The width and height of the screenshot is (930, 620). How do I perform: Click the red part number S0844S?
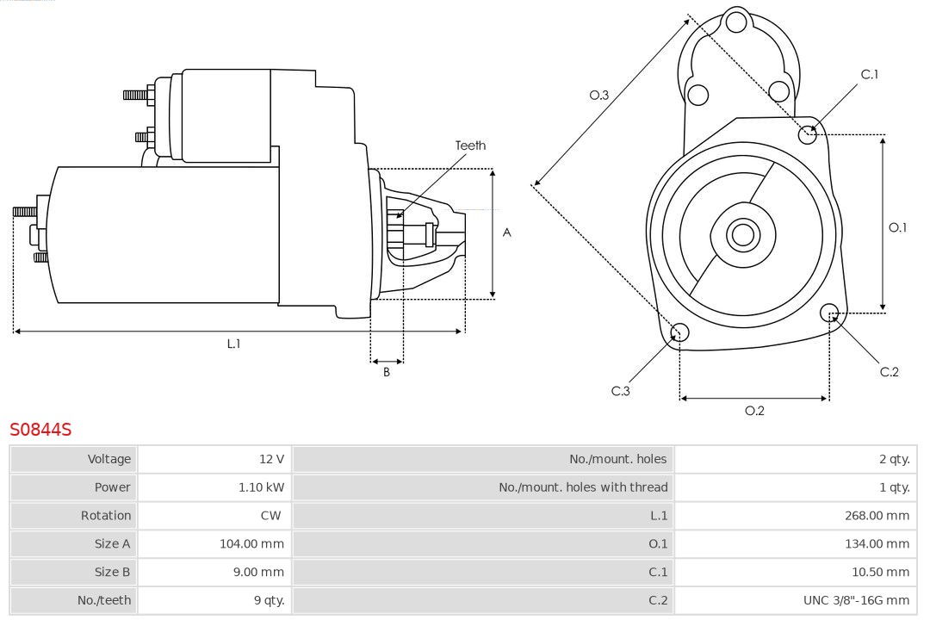pyautogui.click(x=40, y=429)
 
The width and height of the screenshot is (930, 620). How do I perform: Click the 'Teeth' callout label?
pyautogui.click(x=470, y=146)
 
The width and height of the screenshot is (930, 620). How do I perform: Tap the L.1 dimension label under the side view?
pyautogui.click(x=233, y=344)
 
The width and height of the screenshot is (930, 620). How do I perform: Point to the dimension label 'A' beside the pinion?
pyautogui.click(x=507, y=232)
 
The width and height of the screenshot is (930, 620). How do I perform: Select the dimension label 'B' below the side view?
pyautogui.click(x=387, y=373)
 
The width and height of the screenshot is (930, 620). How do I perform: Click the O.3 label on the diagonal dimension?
pyautogui.click(x=599, y=96)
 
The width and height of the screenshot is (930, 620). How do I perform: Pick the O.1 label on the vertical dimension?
pyautogui.click(x=897, y=227)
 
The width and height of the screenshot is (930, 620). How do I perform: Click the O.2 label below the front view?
pyautogui.click(x=754, y=411)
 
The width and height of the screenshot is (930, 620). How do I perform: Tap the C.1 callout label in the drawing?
pyautogui.click(x=870, y=75)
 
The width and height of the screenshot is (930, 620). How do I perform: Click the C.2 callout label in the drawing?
pyautogui.click(x=890, y=372)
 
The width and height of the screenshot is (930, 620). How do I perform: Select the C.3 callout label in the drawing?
pyautogui.click(x=621, y=391)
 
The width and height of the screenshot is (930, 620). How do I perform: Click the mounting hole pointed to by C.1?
pyautogui.click(x=808, y=134)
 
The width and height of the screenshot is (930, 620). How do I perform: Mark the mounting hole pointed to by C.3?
pyautogui.click(x=679, y=333)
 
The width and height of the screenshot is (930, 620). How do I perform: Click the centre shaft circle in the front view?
pyautogui.click(x=741, y=234)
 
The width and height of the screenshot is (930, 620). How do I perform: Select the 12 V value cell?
pyautogui.click(x=271, y=459)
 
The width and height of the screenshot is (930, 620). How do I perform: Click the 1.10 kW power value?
pyautogui.click(x=261, y=487)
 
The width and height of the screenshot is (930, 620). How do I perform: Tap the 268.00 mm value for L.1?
pyautogui.click(x=877, y=516)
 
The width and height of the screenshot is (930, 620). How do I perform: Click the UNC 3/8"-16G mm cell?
pyautogui.click(x=856, y=600)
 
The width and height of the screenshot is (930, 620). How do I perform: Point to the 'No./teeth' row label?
pyautogui.click(x=104, y=600)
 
